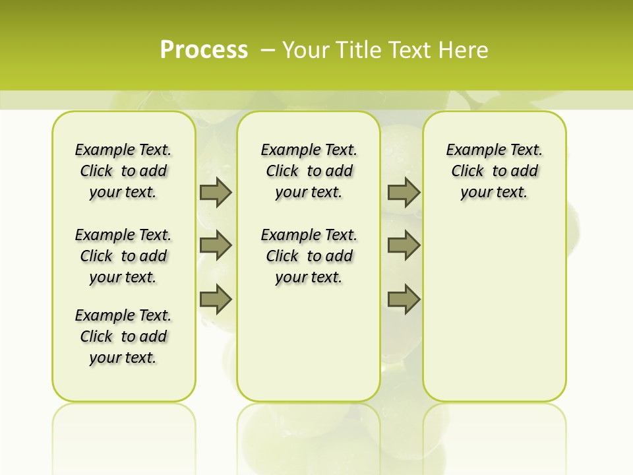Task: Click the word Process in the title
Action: click(204, 49)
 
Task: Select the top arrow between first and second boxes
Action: click(216, 193)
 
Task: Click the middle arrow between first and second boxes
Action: click(216, 245)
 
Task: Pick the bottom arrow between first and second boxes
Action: click(216, 299)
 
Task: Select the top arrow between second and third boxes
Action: click(404, 193)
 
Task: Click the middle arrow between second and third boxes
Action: click(404, 245)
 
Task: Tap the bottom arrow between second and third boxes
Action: click(404, 299)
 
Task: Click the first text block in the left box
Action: click(123, 171)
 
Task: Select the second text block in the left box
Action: click(123, 256)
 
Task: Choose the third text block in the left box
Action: click(123, 336)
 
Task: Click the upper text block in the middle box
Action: click(309, 171)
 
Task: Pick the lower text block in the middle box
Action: click(309, 256)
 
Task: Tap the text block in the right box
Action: click(494, 171)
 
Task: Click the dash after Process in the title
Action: click(268, 49)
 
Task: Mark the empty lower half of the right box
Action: click(494, 310)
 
